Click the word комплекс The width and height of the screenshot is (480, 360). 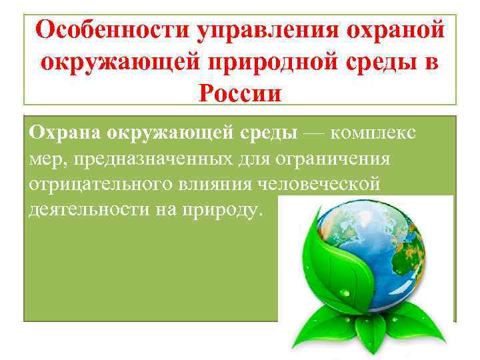coord(373,133)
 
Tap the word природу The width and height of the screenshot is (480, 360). coord(227,211)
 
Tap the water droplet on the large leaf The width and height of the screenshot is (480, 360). coord(345,292)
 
